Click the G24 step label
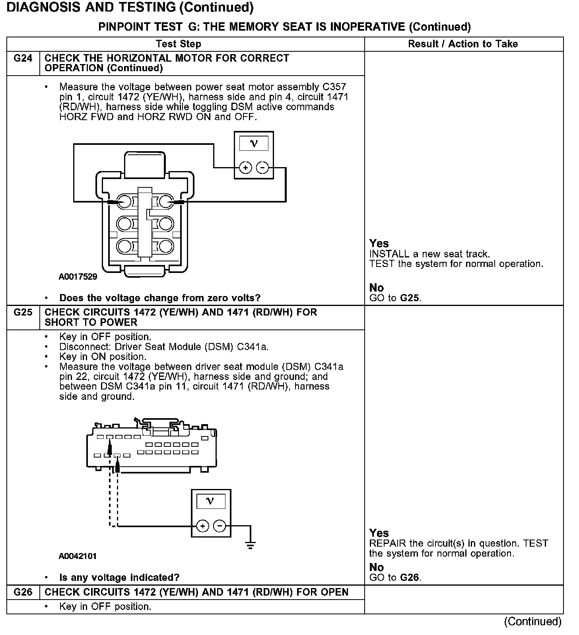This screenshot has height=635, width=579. tap(23, 58)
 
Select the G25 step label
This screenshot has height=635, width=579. tap(23, 312)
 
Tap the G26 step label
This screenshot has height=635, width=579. tap(23, 592)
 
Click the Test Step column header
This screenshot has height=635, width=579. tap(179, 44)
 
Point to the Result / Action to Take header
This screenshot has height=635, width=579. tap(463, 44)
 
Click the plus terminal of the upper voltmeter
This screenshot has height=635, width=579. tap(245, 168)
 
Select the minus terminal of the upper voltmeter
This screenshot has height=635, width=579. tap(262, 168)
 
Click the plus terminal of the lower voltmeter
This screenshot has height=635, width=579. tap(203, 526)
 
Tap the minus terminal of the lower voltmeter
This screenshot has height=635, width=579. tap(220, 526)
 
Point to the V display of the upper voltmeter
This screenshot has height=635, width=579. tap(254, 144)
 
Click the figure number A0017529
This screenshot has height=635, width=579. tap(78, 277)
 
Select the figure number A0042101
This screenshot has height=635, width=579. tap(78, 556)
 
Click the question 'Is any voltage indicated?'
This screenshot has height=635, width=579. tap(119, 577)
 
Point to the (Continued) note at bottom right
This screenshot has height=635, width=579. tap(532, 621)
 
